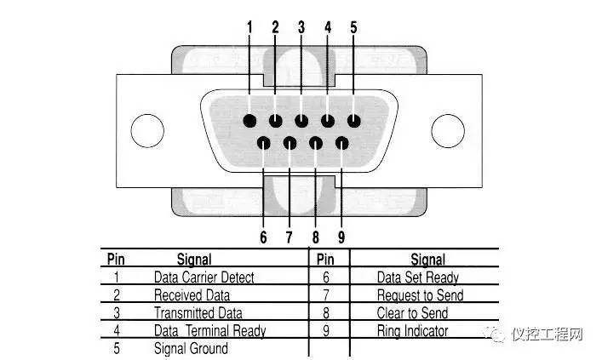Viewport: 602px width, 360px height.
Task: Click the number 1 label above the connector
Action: [249, 27]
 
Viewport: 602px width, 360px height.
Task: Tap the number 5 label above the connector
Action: [353, 27]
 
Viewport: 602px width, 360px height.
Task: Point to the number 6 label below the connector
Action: [263, 237]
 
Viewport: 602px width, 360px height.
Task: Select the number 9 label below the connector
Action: [341, 237]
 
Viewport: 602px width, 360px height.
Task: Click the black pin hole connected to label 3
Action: [301, 121]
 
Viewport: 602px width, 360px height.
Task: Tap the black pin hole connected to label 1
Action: [249, 121]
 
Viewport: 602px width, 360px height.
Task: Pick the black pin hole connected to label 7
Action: [290, 144]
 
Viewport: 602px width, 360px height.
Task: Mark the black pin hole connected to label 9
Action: [341, 144]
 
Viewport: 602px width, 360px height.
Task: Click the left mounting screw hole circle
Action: [147, 130]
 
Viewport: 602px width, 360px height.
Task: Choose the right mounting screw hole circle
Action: [448, 130]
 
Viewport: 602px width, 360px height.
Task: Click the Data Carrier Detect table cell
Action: [204, 277]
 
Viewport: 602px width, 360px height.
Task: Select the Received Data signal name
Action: [192, 295]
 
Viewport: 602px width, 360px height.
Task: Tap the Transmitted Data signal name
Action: [198, 313]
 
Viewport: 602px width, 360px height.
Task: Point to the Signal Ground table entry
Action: [191, 348]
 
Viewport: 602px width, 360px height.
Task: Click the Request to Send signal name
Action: [420, 295]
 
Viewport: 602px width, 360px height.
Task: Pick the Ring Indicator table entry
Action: [412, 331]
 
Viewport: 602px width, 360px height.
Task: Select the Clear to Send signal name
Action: [412, 313]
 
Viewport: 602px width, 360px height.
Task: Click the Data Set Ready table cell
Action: [418, 277]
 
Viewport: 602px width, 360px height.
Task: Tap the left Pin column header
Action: [116, 259]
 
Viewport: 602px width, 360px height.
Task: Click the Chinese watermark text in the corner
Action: [548, 334]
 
